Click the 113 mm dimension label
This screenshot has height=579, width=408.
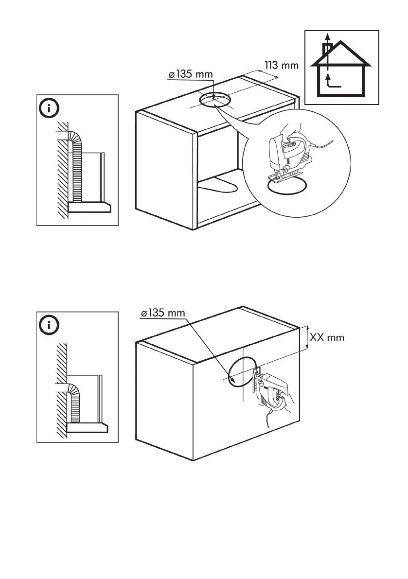[281, 65]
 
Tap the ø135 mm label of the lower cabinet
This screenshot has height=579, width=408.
[162, 313]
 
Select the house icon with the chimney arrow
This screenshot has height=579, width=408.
[341, 68]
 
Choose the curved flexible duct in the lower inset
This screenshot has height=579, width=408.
[75, 399]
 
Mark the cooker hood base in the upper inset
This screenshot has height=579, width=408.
[89, 208]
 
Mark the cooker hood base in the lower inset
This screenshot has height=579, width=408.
[88, 427]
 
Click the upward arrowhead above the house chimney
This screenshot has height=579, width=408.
[328, 37]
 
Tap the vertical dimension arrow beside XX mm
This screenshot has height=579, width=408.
[306, 337]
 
